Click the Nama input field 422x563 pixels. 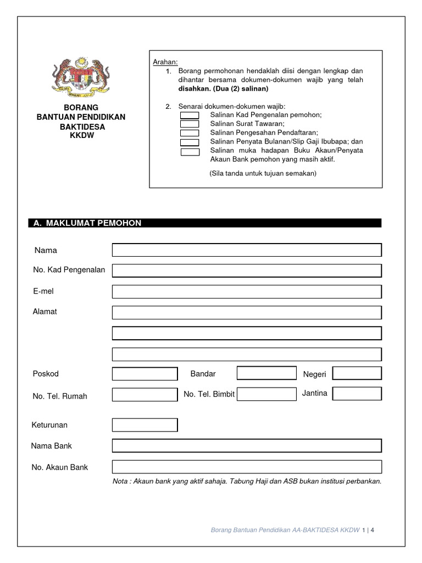(247, 250)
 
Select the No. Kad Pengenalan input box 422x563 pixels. (247, 271)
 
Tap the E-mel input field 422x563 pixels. (247, 291)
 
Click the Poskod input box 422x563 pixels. (145, 374)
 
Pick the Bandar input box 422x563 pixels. (266, 373)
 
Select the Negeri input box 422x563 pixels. (357, 374)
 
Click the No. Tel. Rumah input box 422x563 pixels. (145, 394)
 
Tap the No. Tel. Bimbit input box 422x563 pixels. (266, 394)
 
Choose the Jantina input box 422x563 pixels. (357, 394)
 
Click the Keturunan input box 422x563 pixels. (145, 425)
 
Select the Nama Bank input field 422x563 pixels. (247, 446)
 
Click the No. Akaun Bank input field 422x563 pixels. (247, 467)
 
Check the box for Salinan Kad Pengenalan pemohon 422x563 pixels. (190, 115)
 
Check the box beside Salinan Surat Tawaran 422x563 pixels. (190, 124)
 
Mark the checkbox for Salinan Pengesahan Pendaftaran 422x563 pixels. (190, 133)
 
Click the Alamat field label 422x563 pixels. (45, 312)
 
